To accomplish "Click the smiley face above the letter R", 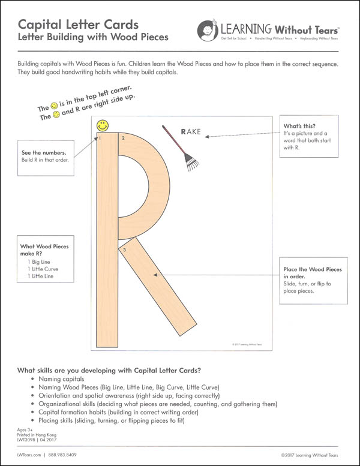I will [x=103, y=126].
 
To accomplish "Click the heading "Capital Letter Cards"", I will [x=78, y=25].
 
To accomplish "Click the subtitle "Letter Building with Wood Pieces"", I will [x=93, y=37].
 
